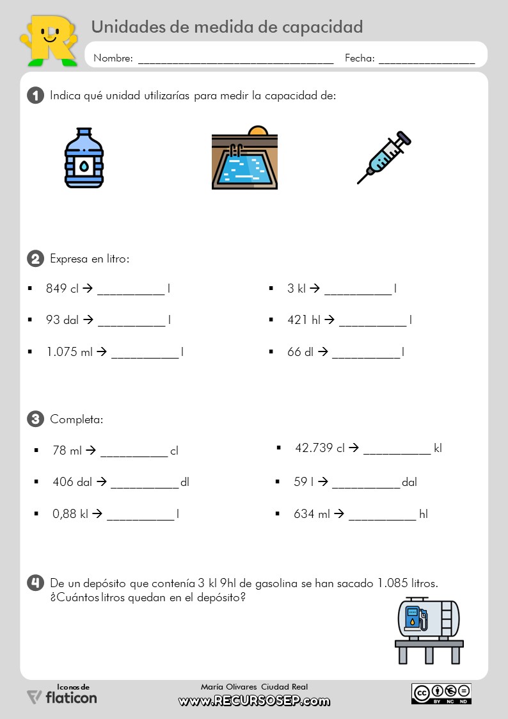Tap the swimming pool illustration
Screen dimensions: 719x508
[244, 158]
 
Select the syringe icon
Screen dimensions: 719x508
[383, 158]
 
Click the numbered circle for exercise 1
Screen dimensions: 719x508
[35, 96]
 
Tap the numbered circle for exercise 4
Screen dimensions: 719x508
[35, 583]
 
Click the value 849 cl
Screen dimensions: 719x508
[62, 289]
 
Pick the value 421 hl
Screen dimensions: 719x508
[304, 319]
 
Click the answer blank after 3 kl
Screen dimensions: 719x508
[358, 292]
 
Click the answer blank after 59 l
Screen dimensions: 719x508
[365, 485]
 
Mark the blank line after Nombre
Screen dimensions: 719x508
[235, 61]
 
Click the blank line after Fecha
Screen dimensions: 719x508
[427, 61]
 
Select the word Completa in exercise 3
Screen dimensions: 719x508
[76, 420]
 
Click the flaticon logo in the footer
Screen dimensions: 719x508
[62, 696]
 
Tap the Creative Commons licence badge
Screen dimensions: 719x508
[441, 693]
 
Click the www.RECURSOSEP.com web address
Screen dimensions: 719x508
[254, 701]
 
